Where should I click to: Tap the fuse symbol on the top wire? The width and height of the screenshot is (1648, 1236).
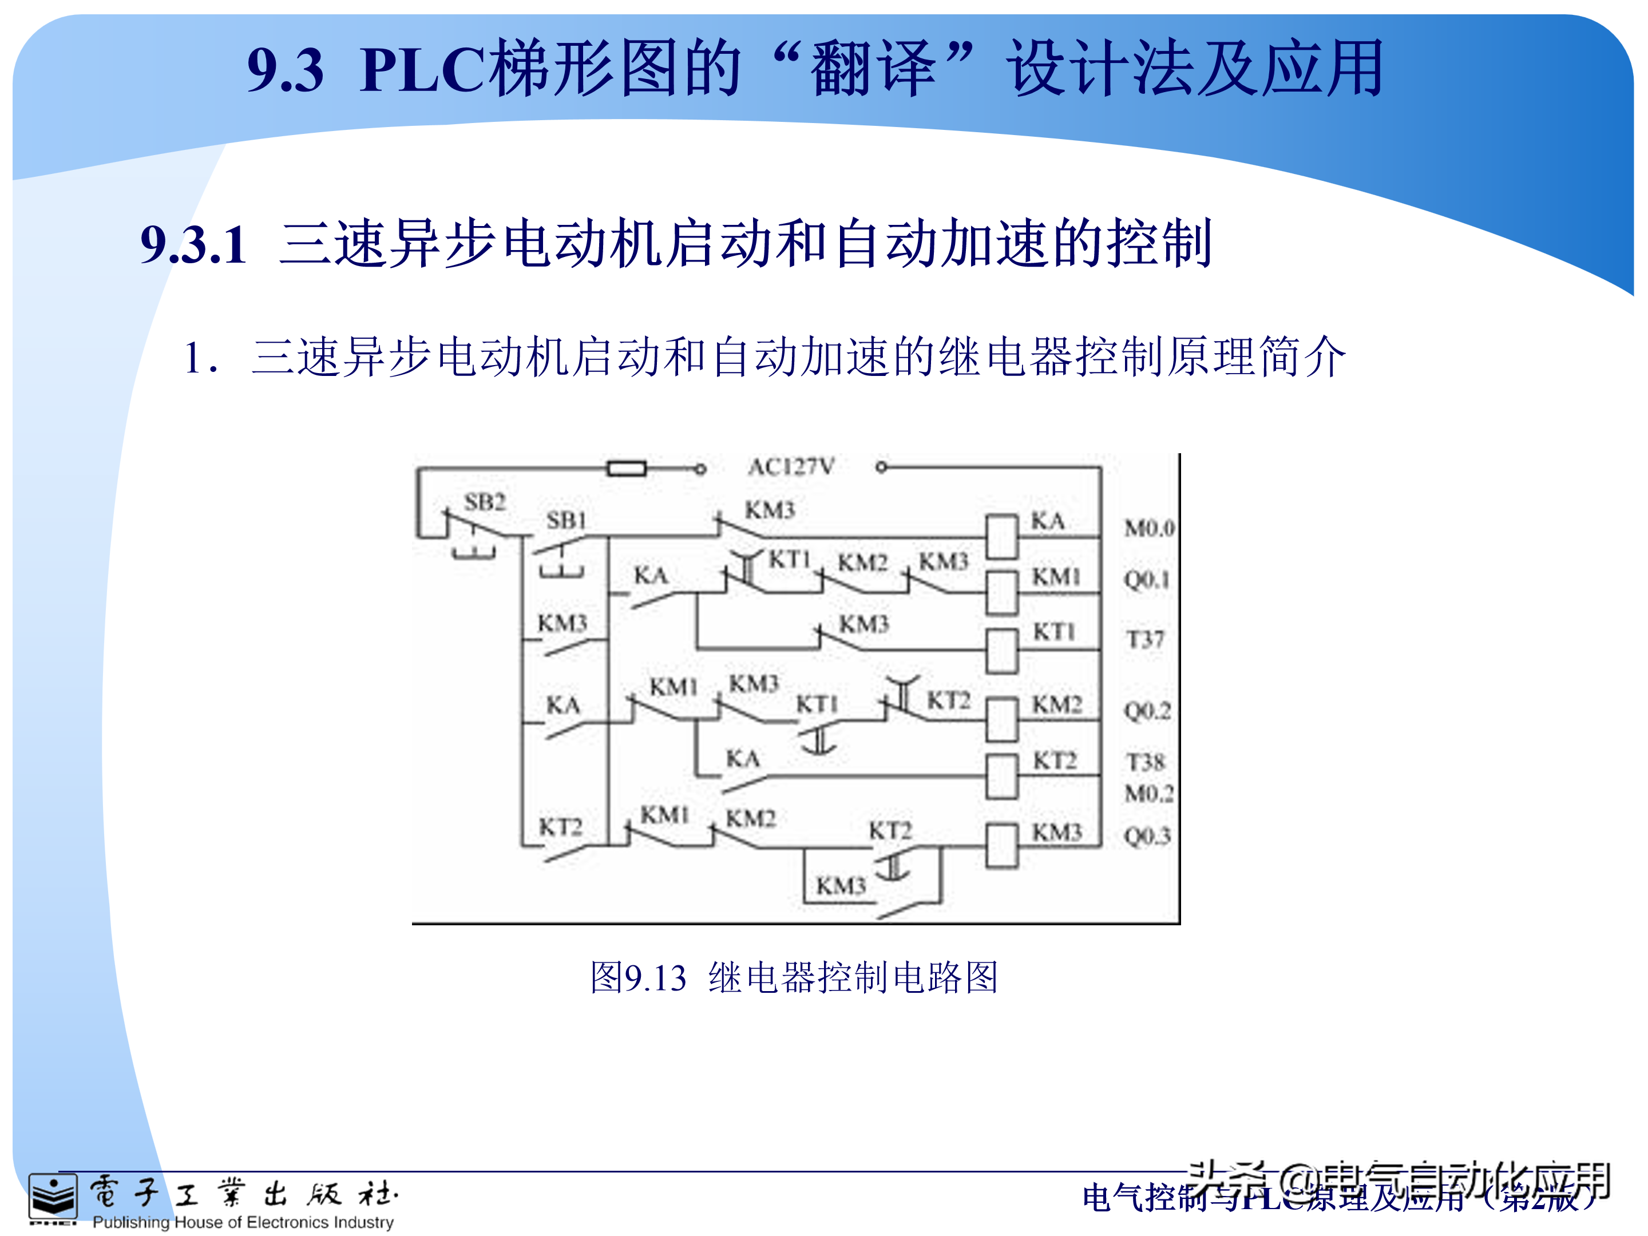pos(627,469)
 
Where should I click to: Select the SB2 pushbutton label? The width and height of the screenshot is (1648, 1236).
pos(485,502)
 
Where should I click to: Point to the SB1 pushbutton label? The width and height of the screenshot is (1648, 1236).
pos(566,520)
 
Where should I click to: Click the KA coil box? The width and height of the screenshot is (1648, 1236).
pos(1001,536)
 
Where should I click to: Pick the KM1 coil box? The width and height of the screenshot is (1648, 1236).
pos(1001,592)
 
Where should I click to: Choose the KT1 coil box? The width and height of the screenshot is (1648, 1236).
pos(1001,651)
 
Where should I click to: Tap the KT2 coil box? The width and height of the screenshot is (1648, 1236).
pos(1001,777)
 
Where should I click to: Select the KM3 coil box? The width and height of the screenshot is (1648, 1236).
pos(1001,846)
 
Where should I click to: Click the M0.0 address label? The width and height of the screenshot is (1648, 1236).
pos(1149,528)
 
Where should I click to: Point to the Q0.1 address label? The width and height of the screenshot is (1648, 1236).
pos(1147,580)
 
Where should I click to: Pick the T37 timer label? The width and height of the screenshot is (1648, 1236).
pos(1144,639)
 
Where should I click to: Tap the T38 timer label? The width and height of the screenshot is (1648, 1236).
pos(1145,762)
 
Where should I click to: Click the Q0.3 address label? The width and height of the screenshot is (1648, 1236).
pos(1147,836)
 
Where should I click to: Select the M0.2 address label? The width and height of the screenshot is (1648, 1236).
pos(1149,794)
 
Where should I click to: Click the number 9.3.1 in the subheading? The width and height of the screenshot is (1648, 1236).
pos(194,244)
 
